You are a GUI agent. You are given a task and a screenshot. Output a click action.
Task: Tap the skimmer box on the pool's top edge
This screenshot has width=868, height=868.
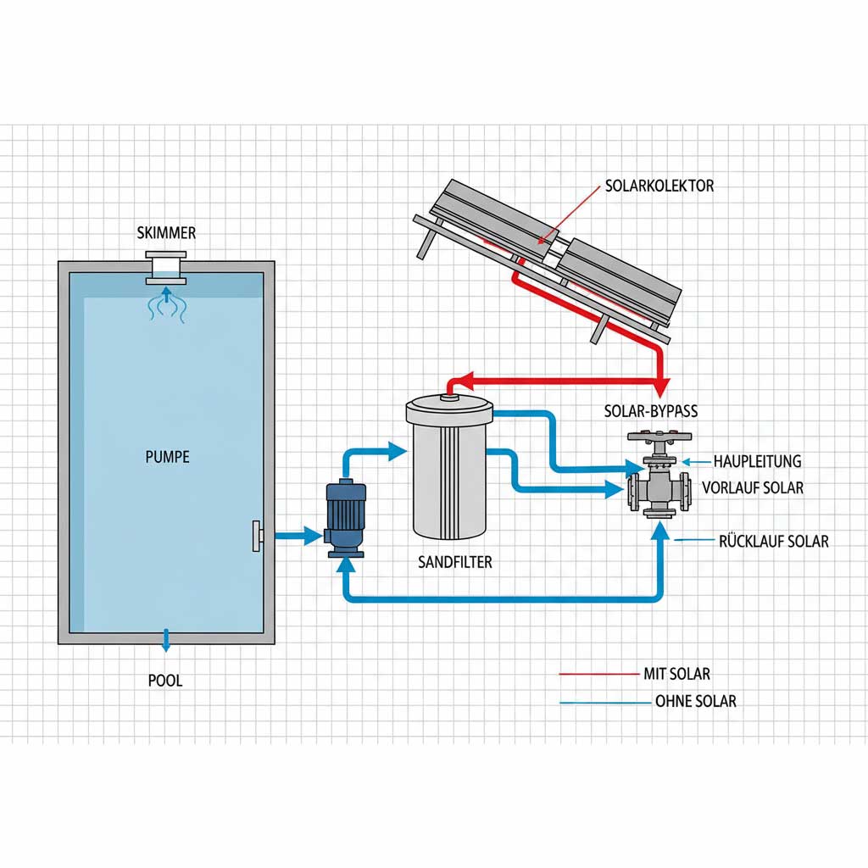click(x=165, y=267)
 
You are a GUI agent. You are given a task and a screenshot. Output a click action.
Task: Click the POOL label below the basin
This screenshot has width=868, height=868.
click(x=164, y=680)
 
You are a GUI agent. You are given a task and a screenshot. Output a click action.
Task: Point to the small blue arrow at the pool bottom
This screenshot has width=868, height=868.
click(x=166, y=641)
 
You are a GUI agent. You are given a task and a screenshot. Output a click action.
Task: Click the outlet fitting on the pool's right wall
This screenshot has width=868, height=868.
click(x=257, y=536)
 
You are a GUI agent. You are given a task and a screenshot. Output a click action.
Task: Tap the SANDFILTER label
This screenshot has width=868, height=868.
click(x=454, y=562)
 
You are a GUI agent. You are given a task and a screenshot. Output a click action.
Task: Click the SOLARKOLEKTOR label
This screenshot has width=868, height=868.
click(x=659, y=186)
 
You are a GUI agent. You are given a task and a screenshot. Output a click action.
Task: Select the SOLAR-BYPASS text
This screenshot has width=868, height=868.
click(x=650, y=411)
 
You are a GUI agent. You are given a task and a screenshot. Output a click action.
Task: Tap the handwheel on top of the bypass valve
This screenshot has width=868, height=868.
click(x=659, y=438)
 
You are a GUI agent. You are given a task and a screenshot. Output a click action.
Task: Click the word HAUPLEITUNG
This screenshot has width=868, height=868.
click(x=756, y=461)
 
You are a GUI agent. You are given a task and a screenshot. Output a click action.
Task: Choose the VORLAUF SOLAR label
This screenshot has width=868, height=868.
click(x=753, y=488)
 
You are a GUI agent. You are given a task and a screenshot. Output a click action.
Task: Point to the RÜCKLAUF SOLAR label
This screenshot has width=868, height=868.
click(x=773, y=541)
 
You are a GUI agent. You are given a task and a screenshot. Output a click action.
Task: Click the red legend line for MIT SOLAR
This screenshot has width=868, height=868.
click(x=598, y=675)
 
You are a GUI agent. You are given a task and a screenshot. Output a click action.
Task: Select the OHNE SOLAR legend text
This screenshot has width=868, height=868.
click(x=695, y=702)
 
